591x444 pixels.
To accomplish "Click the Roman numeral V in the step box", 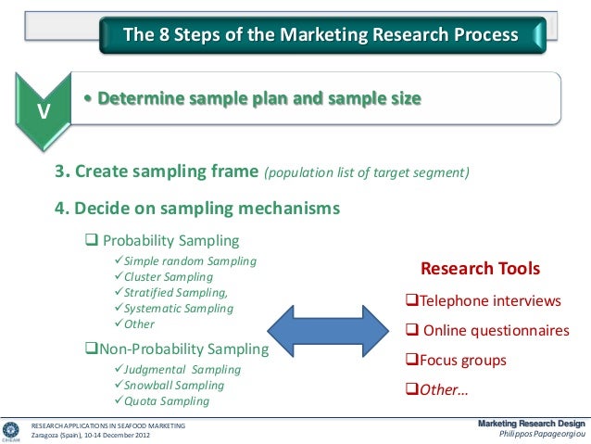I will [43, 113].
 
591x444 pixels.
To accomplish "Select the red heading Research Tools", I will [480, 271].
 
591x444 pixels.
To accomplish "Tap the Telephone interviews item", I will [484, 301].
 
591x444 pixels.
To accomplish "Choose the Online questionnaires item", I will [488, 331].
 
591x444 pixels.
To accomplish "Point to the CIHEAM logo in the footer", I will [12, 430].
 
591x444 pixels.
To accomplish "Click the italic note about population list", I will [368, 173].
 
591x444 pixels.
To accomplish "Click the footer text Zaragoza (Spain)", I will [86, 435].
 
